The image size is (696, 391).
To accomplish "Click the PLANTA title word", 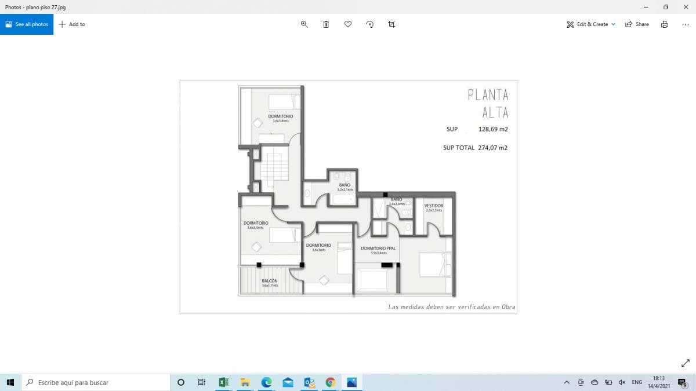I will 488,95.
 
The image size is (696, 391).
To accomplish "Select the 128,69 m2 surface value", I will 492,129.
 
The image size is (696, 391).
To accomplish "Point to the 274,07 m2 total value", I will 492,148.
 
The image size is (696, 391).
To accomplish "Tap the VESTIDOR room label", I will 434,206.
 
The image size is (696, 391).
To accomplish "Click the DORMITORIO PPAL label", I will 378,249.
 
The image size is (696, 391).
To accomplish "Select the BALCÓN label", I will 269,282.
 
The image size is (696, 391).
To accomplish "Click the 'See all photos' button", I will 27,24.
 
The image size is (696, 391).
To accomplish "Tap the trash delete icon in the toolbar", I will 326,24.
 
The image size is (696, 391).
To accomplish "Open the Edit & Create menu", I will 591,24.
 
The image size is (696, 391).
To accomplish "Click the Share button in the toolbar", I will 637,24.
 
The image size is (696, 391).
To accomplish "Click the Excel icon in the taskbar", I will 223,382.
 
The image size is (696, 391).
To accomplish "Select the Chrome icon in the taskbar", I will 330,382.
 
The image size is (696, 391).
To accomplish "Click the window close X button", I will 685,7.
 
